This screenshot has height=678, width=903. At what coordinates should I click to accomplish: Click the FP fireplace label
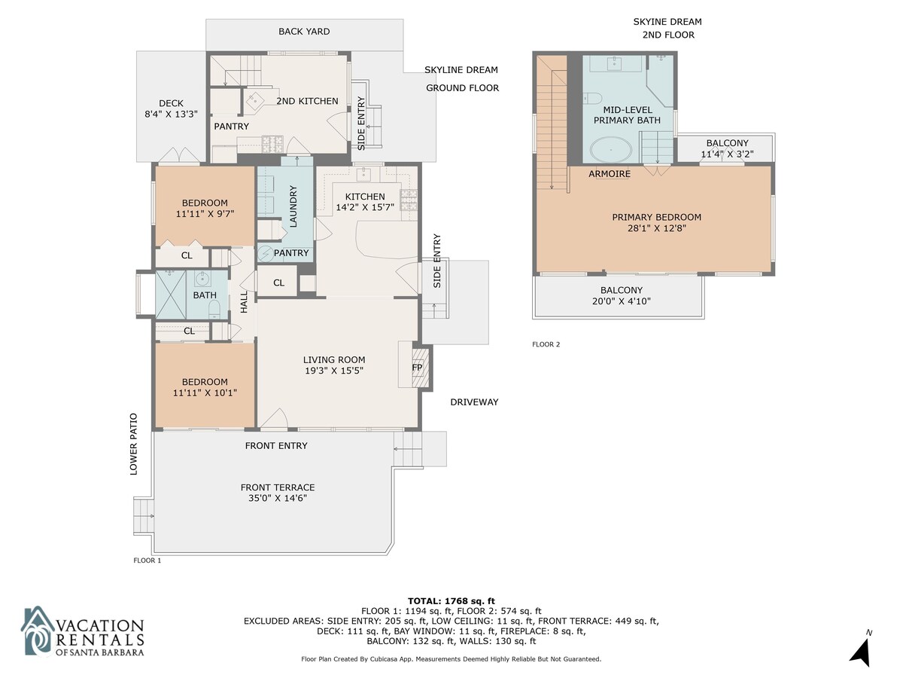tap(417, 367)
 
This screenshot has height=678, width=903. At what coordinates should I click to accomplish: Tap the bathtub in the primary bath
tap(611, 150)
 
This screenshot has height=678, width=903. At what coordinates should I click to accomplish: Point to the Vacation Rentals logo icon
tap(38, 631)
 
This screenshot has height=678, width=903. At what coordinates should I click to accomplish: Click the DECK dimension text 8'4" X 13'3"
tap(171, 114)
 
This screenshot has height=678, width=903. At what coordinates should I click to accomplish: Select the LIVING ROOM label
tap(334, 360)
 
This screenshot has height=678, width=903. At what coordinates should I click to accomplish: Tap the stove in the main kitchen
tap(409, 200)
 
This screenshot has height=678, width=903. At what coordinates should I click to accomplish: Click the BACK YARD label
tap(304, 32)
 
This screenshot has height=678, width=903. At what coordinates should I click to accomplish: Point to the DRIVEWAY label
tap(474, 402)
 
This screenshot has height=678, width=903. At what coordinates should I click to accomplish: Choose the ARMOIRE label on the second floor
tap(610, 174)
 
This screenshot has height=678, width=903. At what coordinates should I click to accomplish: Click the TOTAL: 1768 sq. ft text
tap(451, 601)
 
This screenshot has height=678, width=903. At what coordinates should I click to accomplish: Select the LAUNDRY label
tap(293, 206)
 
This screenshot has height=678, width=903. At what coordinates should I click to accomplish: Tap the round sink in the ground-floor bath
tap(202, 279)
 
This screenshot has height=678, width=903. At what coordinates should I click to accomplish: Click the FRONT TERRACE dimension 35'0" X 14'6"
tap(278, 498)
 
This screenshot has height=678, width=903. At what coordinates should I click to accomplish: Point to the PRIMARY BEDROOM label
tap(657, 217)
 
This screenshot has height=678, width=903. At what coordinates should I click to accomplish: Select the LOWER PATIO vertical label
tap(134, 444)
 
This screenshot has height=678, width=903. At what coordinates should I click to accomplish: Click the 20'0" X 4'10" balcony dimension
tap(622, 301)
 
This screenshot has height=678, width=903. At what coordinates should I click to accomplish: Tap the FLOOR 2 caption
tap(546, 344)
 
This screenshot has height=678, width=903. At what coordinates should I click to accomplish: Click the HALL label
tap(244, 302)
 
